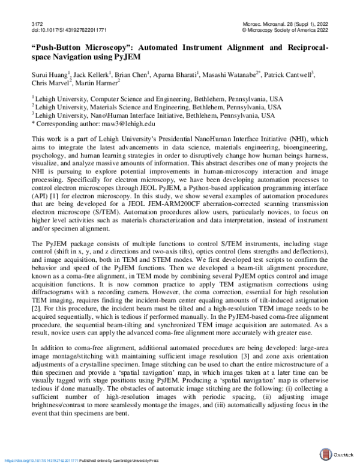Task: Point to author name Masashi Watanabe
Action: (x=235, y=74)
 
